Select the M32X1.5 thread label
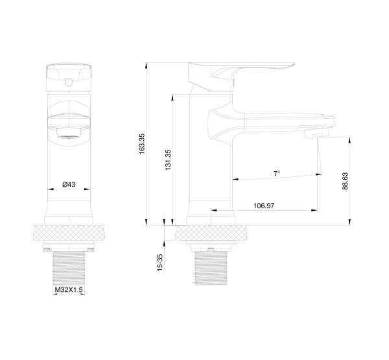coord(68,290)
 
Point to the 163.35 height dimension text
coord(142,143)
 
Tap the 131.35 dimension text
coord(168,160)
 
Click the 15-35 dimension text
coord(160,263)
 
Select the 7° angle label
coord(277,174)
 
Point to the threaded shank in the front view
coord(68,266)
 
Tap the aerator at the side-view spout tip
coord(316,134)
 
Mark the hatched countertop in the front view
coord(68,233)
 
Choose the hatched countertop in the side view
coord(211,233)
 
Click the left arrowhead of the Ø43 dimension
coord(50,189)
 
